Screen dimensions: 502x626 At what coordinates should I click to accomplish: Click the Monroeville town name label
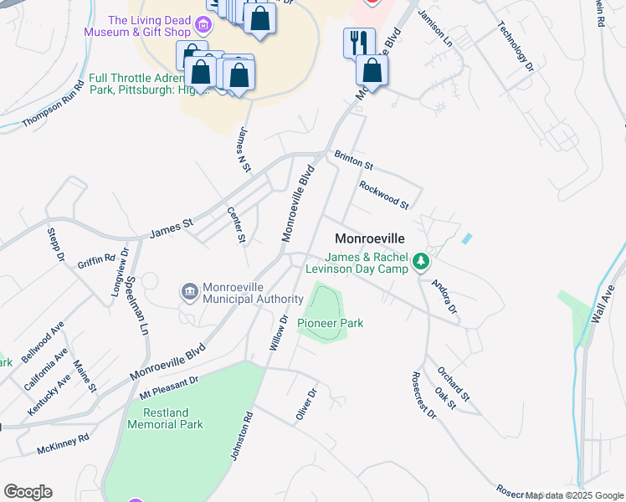(369, 238)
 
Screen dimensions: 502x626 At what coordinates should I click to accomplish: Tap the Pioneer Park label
(331, 323)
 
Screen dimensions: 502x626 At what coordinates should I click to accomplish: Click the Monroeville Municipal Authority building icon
(189, 291)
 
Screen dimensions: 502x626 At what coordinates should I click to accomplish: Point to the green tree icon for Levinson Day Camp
(423, 264)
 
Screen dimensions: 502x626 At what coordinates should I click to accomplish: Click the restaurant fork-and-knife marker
(359, 42)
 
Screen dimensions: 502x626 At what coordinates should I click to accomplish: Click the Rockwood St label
(383, 195)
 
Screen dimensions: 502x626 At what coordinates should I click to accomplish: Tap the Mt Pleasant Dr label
(168, 387)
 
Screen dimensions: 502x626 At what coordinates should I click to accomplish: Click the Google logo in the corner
(28, 492)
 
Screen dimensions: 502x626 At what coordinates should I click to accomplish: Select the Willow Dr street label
(278, 332)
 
